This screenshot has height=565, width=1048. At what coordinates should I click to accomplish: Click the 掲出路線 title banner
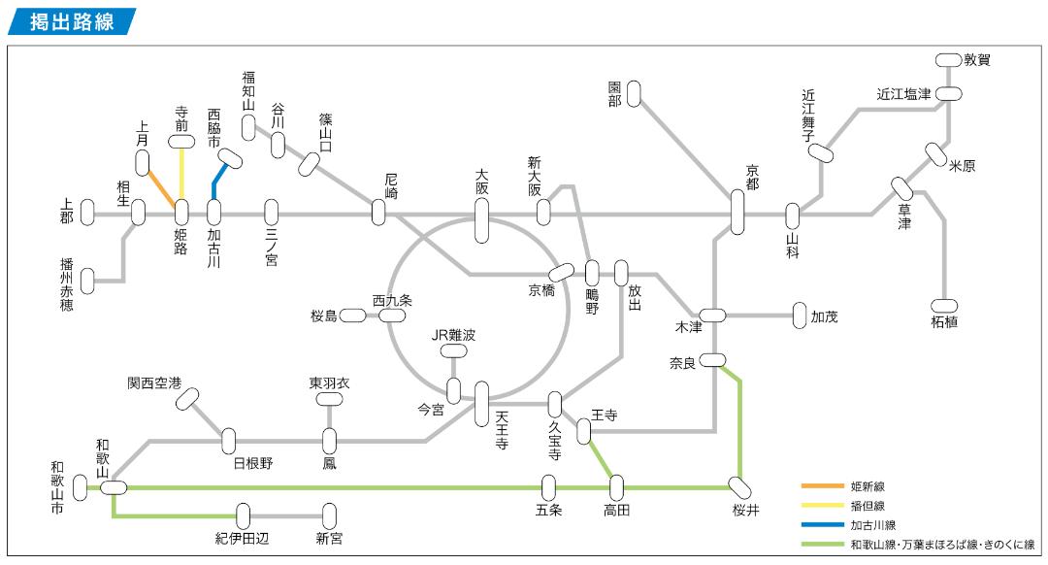click(x=71, y=21)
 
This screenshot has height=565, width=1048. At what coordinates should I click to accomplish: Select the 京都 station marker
click(x=737, y=212)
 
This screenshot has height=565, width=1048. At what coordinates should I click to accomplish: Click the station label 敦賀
click(x=977, y=60)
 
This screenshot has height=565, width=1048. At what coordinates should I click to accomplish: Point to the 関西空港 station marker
click(x=187, y=399)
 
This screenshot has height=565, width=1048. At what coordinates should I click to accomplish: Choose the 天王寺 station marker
click(x=482, y=404)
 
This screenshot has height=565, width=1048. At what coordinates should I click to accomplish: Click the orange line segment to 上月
click(x=160, y=187)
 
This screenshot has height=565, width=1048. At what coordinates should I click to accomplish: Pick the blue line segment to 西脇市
click(x=218, y=179)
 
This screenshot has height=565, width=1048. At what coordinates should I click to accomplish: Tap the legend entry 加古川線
click(x=870, y=524)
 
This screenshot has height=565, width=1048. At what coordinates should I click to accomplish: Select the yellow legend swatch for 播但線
click(x=819, y=506)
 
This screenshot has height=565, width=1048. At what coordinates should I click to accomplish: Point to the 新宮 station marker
click(x=330, y=515)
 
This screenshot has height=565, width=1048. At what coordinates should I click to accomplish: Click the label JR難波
click(x=454, y=335)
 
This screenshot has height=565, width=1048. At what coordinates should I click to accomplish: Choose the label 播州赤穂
click(x=66, y=281)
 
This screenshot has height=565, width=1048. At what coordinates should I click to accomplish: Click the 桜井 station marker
click(x=739, y=486)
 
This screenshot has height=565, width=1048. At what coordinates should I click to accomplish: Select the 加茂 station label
click(x=824, y=316)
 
